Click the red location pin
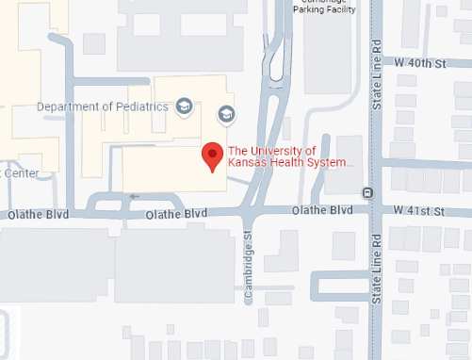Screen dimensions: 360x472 coord(213,156)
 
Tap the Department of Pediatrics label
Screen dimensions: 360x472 coord(102,106)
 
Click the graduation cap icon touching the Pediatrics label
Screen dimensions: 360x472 coord(184,106)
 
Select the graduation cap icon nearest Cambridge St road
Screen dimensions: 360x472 coord(226,114)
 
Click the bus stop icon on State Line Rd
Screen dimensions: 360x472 coord(367,191)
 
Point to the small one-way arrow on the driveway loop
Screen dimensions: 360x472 coord(134,196)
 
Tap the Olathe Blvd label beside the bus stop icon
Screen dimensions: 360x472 coord(322,209)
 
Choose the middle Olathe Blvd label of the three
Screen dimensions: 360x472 coord(176,215)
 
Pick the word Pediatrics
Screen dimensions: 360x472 coord(141,106)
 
